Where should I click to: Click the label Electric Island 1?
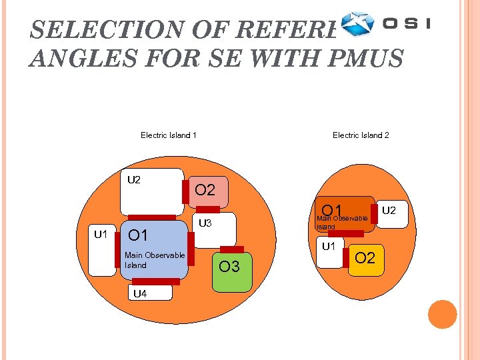(168, 135)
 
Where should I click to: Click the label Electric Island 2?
(361, 135)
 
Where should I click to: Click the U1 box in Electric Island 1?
(103, 251)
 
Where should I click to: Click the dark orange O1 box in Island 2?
(343, 214)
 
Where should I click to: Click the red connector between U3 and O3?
(231, 250)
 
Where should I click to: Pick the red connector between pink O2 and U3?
(207, 209)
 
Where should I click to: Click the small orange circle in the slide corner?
(443, 314)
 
